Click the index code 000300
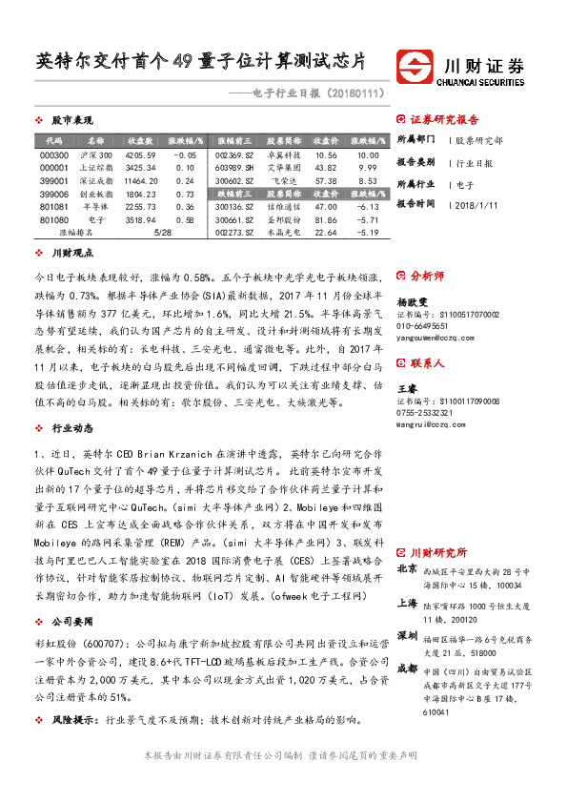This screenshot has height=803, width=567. (54, 154)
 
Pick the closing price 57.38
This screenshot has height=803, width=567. (326, 179)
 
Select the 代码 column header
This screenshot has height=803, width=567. (54, 140)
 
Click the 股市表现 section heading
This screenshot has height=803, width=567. (71, 121)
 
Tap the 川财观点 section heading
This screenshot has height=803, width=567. (71, 253)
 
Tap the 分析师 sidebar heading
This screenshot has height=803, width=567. (426, 277)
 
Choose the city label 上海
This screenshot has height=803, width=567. (406, 603)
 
